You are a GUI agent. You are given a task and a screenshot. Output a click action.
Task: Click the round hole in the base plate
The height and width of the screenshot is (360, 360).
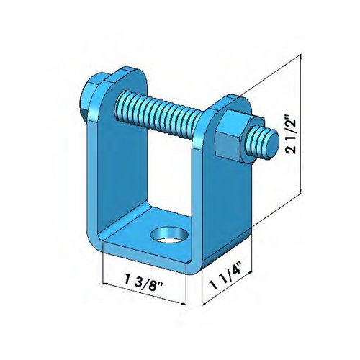coord(166,235)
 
